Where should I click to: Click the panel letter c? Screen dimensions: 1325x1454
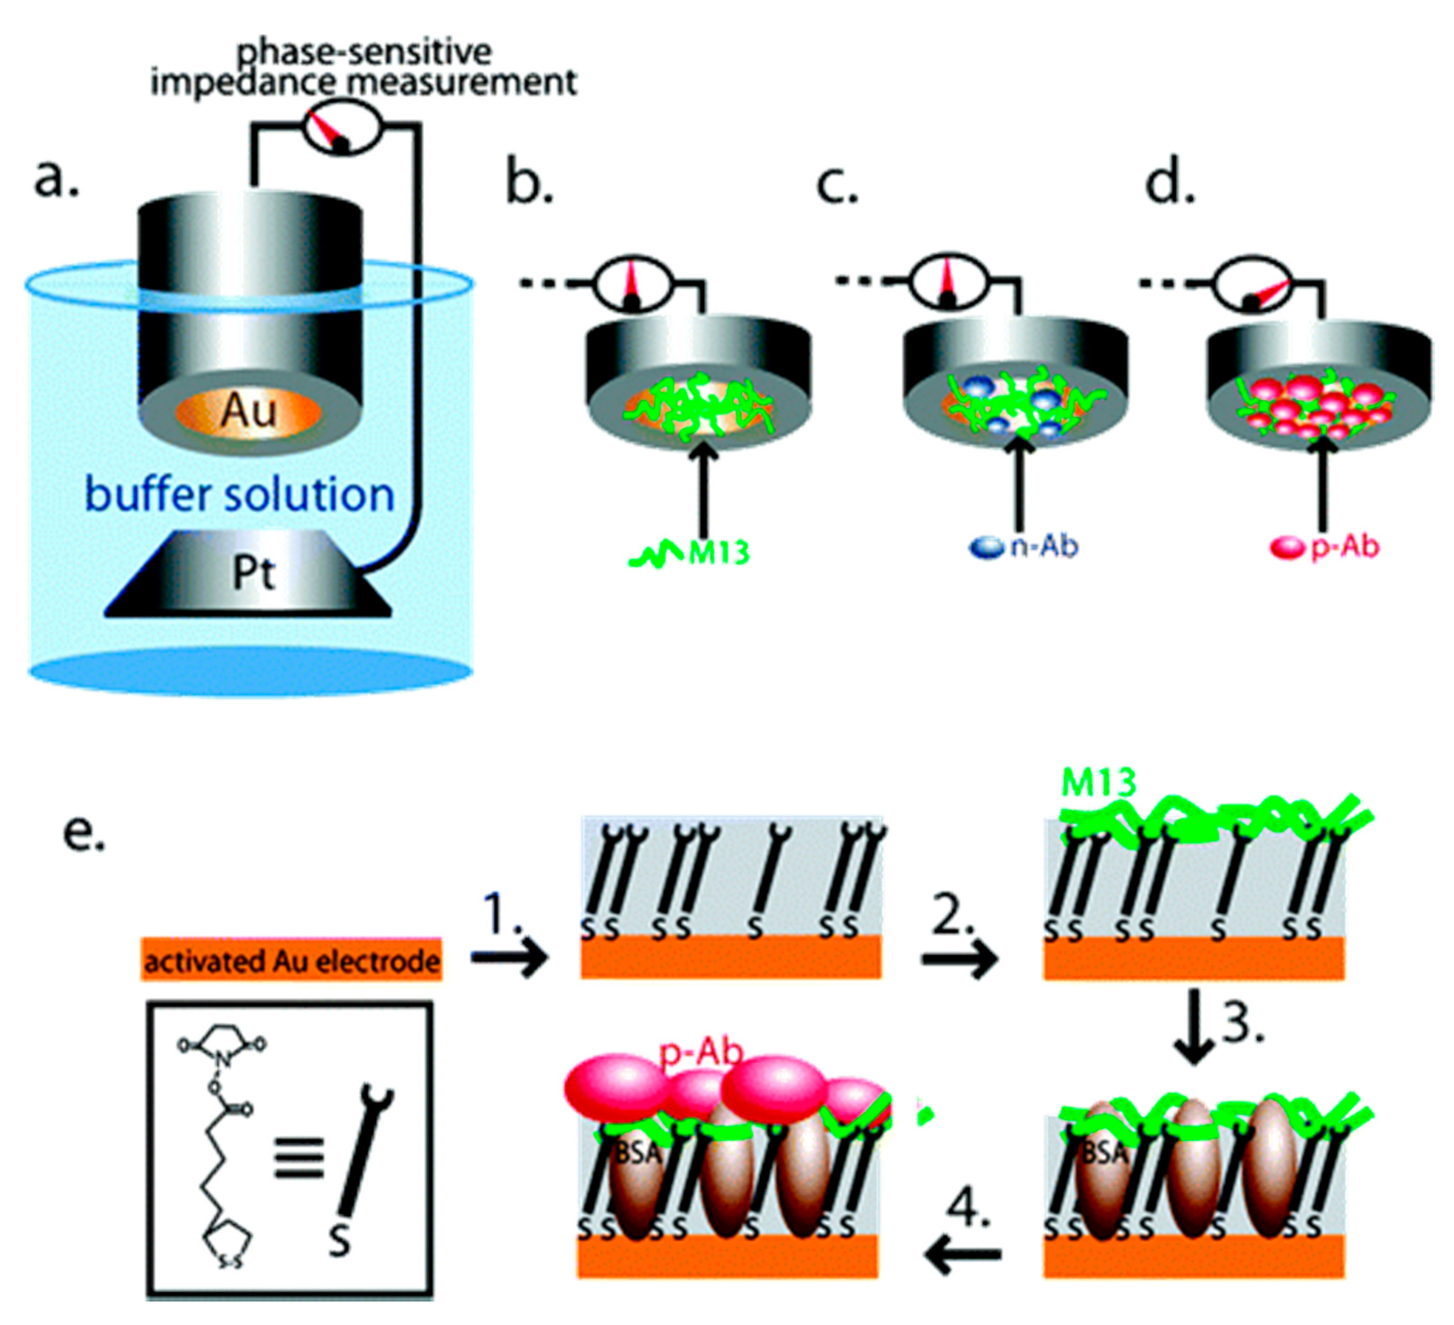tap(837, 185)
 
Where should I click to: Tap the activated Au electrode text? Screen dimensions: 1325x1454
tap(291, 961)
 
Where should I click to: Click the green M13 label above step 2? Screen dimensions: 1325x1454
tap(1099, 783)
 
